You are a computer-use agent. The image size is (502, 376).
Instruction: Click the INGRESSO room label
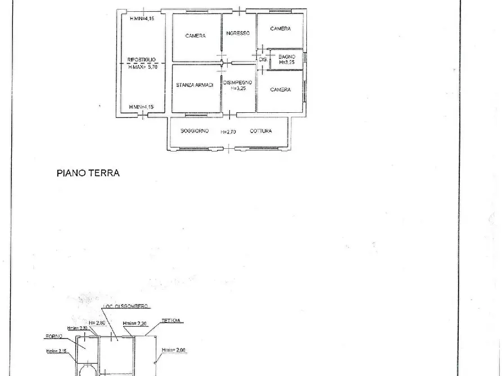click(238, 34)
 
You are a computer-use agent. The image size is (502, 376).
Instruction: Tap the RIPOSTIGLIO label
click(142, 59)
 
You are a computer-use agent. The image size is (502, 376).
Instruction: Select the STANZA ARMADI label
click(195, 85)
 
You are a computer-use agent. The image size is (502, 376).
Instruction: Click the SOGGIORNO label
click(195, 131)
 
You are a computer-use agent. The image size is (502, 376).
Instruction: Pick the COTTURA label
click(261, 131)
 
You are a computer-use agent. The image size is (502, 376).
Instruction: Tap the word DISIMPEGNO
click(237, 82)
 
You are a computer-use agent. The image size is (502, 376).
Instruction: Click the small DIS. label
click(262, 59)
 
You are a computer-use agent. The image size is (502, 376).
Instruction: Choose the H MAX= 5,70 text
click(144, 67)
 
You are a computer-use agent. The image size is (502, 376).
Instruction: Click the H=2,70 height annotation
click(228, 132)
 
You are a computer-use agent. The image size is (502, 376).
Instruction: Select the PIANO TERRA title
click(88, 173)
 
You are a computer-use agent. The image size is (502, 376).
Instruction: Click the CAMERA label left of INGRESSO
click(195, 36)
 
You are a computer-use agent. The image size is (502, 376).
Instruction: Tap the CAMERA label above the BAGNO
click(280, 29)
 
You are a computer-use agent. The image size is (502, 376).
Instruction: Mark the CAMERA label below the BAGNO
click(280, 89)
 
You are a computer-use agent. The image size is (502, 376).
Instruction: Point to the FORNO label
click(54, 337)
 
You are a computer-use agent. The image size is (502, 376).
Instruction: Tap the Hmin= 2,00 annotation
click(174, 351)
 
